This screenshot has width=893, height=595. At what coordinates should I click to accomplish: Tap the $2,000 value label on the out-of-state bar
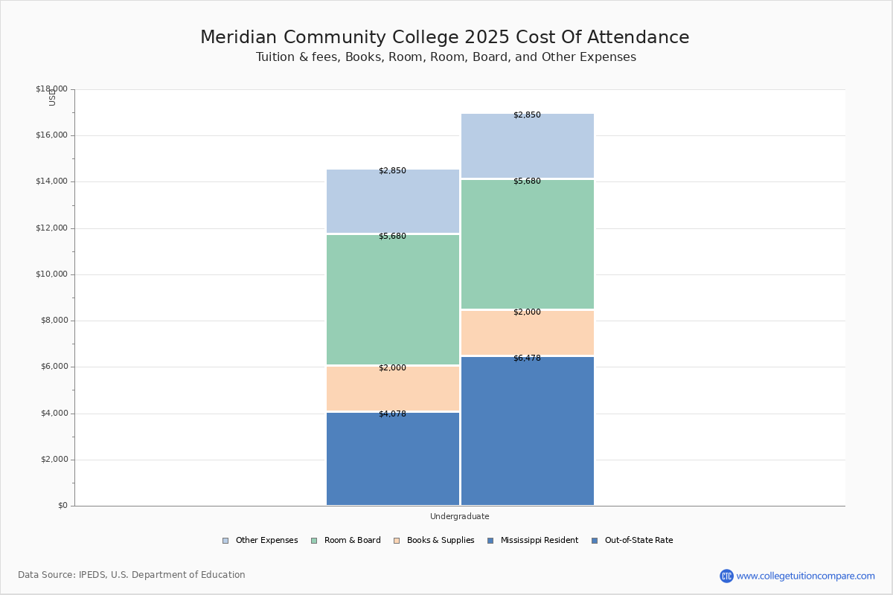coord(527,312)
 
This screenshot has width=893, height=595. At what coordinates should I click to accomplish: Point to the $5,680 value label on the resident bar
coord(392,237)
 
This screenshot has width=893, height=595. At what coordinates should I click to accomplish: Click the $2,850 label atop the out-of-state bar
coord(527,115)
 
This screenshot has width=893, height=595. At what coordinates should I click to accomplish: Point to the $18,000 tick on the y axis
coord(51,89)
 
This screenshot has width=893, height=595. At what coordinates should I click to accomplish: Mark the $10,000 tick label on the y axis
coord(51,274)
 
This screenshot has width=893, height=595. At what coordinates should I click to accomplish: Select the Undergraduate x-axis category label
coord(459,516)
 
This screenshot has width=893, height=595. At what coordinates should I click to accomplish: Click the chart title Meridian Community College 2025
coord(444,37)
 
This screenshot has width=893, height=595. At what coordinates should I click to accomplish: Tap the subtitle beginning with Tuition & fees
coord(446,57)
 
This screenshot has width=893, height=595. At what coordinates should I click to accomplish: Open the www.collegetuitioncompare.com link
coord(805,576)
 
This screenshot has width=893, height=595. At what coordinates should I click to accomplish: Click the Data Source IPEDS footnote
coord(132,575)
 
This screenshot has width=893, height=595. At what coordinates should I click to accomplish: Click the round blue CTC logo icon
coord(726,576)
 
